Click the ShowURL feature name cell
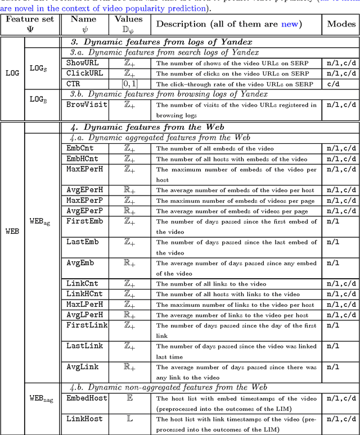(x=82, y=63)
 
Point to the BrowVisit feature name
(x=84, y=105)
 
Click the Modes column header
(x=341, y=24)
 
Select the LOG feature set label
(x=12, y=73)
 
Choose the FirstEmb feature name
(x=84, y=221)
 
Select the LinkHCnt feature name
(x=84, y=293)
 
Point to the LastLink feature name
(x=84, y=346)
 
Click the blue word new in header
(x=291, y=24)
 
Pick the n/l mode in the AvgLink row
(x=333, y=366)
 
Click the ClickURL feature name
(x=84, y=73)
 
